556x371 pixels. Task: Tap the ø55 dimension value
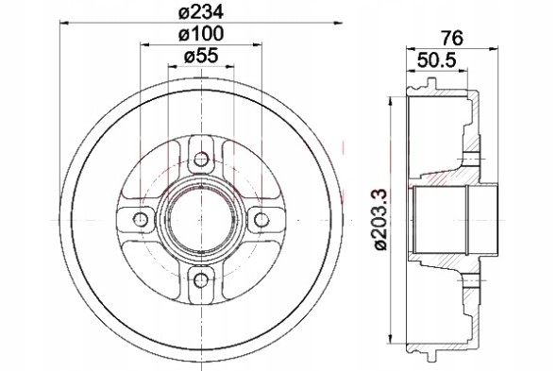[x=200, y=57]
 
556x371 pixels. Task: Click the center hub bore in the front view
[x=200, y=219]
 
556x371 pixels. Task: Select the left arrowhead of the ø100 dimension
[x=144, y=44]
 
